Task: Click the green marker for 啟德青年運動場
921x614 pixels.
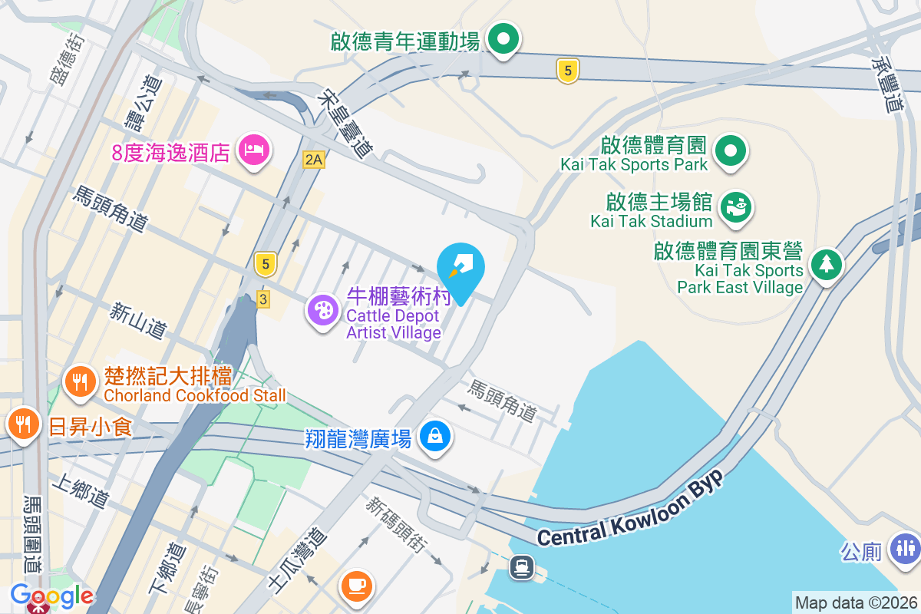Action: point(503,38)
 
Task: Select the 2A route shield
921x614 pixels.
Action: point(314,160)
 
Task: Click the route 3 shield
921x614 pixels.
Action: point(263,299)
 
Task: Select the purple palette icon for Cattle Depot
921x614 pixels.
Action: point(323,311)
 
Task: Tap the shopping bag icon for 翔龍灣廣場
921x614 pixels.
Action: point(435,436)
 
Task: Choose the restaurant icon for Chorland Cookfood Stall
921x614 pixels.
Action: point(80,381)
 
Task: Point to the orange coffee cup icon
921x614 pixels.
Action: point(357,586)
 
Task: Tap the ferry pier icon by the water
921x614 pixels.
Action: point(523,567)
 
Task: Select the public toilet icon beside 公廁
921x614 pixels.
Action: point(903,548)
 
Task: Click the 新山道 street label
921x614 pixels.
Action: point(138,321)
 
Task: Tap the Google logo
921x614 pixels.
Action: point(51,595)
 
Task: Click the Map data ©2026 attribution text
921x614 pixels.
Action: point(855,602)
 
